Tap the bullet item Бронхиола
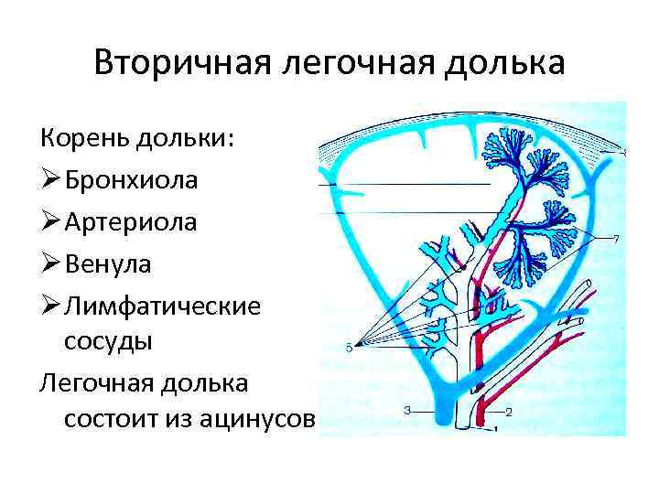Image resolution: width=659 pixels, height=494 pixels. [131, 180]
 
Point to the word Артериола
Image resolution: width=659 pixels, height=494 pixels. [131, 221]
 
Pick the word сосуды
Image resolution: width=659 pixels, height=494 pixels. [108, 341]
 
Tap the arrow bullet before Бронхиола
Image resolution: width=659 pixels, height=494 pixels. [50, 180]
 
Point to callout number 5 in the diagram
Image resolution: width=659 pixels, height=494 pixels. [349, 348]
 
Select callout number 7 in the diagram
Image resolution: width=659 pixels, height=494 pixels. [616, 240]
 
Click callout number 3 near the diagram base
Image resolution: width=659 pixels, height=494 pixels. [406, 410]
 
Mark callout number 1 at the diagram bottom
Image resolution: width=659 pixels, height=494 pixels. [495, 427]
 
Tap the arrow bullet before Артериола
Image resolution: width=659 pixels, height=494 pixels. [50, 221]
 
